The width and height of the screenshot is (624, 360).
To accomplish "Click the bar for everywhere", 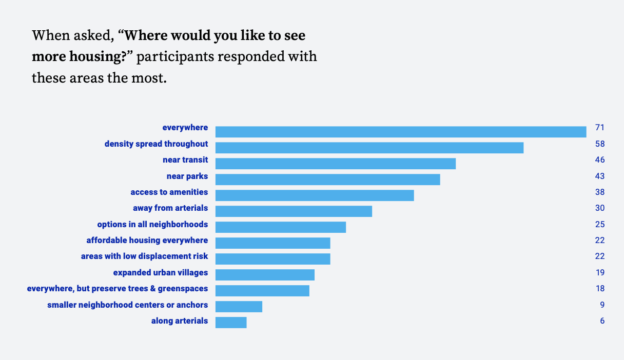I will click(401, 132).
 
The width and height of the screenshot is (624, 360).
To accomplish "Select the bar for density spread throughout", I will click(369, 148).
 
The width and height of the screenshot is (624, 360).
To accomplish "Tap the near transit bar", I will click(336, 164).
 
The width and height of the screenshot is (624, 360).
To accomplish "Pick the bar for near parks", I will click(328, 179).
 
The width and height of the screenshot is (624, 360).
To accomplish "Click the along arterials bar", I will click(231, 322).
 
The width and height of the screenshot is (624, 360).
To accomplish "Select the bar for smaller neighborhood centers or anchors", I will click(239, 306).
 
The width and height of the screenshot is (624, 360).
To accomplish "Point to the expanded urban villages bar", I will click(265, 274).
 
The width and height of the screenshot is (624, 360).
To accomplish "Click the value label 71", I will click(600, 128).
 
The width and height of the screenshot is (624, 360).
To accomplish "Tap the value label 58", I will click(600, 144).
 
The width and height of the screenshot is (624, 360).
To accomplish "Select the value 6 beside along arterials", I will click(602, 321).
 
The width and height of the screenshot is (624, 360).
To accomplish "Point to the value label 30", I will click(600, 208).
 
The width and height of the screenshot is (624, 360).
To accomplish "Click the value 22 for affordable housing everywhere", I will click(600, 241).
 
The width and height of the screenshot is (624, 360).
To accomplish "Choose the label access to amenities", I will click(169, 192).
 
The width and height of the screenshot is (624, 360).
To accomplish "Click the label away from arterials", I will click(170, 208).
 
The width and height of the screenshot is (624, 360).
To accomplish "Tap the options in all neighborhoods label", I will click(152, 225).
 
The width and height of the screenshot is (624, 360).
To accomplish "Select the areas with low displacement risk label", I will click(144, 256).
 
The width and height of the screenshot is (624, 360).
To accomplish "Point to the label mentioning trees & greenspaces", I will click(118, 289).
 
